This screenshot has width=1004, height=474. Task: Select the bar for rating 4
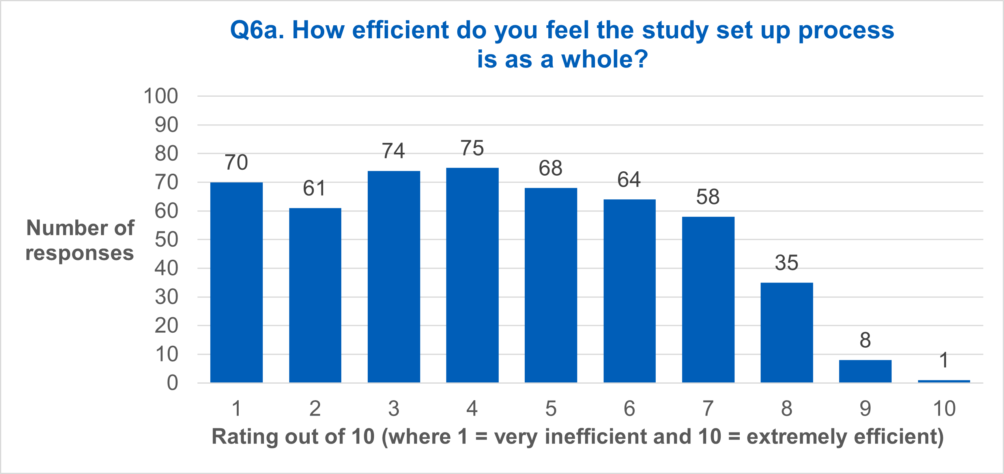[472, 275]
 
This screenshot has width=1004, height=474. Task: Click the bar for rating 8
[787, 332]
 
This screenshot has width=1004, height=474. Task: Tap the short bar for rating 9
[865, 371]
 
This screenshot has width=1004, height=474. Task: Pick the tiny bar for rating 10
[944, 381]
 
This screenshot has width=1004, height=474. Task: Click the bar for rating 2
[315, 295]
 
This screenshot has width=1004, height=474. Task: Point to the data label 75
[472, 148]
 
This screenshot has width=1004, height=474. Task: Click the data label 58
[708, 197]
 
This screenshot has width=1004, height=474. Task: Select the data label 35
[787, 263]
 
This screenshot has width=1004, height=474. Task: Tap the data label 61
[314, 188]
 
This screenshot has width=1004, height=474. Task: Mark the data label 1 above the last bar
[944, 360]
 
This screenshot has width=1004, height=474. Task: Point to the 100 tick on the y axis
[161, 96]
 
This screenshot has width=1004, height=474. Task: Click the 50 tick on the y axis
[166, 240]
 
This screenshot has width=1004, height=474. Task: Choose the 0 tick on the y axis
[172, 383]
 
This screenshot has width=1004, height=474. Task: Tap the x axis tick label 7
[708, 408]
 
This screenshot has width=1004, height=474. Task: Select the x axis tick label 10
[944, 408]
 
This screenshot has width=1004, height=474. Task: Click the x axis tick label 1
[236, 408]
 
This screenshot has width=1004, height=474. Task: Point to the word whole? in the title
[604, 59]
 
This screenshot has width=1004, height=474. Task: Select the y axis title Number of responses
[80, 240]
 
